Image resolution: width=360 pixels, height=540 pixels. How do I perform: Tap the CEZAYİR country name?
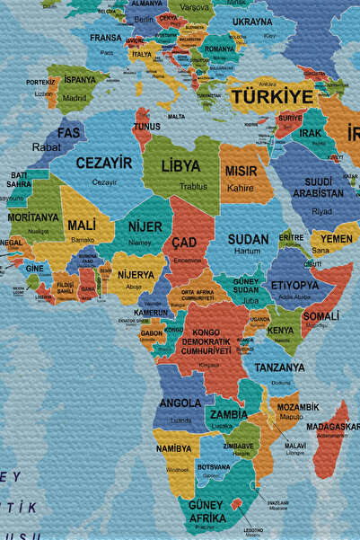[x=104, y=163]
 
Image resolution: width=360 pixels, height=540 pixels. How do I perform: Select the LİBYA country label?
[x=180, y=166]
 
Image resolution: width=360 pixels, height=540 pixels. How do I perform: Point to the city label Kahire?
[x=240, y=189]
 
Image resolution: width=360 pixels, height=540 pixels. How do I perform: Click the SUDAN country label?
[x=248, y=239]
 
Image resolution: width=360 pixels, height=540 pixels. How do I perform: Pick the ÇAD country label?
[x=184, y=243]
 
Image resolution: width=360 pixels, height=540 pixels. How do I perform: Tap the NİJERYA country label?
[x=136, y=274]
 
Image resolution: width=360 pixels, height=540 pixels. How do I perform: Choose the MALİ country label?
[x=83, y=225]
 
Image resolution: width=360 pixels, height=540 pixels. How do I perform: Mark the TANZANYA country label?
[x=279, y=367]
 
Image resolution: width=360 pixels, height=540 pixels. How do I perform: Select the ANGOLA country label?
[x=180, y=403]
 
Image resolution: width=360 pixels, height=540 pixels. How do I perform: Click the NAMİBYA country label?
[x=173, y=447]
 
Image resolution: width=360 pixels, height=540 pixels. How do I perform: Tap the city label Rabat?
[x=47, y=146]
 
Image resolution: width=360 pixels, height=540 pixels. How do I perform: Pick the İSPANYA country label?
[x=80, y=80]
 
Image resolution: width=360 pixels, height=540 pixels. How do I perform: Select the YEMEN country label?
[x=338, y=239]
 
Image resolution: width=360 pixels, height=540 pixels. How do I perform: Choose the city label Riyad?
[x=322, y=211]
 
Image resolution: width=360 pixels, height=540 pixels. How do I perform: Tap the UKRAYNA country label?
[x=252, y=22]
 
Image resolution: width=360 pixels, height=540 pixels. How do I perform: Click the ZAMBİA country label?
[x=228, y=414]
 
